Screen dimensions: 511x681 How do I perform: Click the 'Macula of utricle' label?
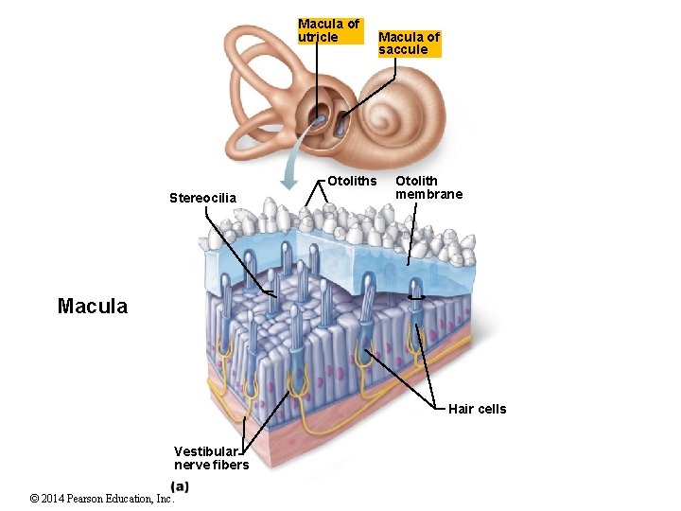328,30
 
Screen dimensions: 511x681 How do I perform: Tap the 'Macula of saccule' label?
409,44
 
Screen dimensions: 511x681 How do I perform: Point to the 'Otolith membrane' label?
428,187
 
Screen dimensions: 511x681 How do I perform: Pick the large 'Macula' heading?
93,307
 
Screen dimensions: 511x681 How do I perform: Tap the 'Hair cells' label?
477,409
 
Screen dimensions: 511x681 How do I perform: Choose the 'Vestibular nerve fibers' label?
211,457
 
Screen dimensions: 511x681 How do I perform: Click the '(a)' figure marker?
180,486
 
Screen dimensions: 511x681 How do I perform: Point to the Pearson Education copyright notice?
101,499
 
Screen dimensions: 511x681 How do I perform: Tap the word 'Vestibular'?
205,450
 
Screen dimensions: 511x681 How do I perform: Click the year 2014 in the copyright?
56,499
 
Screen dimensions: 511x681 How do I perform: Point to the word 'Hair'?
461,409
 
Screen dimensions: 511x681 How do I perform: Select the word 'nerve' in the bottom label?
192,465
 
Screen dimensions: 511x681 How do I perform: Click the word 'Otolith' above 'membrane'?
416,181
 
